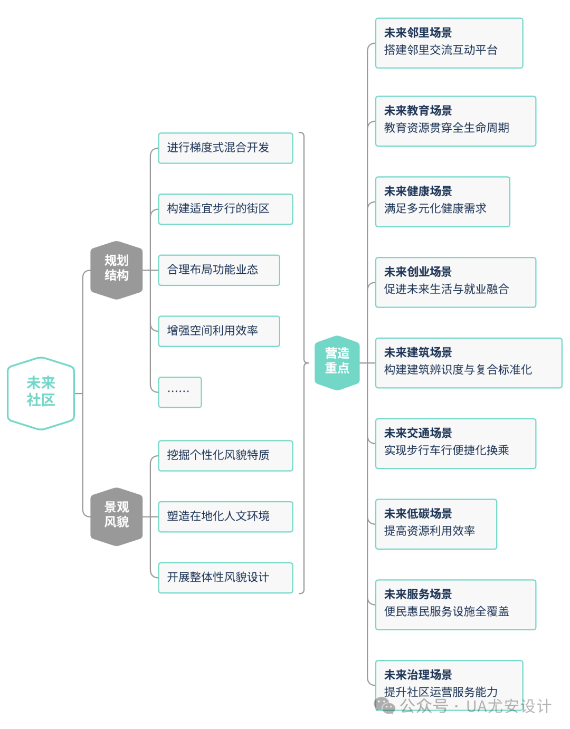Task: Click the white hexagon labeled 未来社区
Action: (41, 393)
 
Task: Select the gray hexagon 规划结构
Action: (117, 270)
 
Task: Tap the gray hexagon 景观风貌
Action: (117, 516)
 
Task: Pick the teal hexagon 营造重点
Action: (337, 363)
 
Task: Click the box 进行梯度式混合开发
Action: (225, 148)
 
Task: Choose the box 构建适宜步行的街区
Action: (225, 209)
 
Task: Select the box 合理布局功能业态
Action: (219, 270)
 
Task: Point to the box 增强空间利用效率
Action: (219, 331)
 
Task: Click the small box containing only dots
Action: (180, 392)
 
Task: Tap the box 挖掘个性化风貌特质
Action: (225, 456)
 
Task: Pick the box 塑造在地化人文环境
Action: (225, 516)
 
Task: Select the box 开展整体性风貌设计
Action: (225, 578)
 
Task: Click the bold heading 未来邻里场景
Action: (418, 33)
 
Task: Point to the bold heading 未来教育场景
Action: (418, 110)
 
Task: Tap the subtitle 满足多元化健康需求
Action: (435, 208)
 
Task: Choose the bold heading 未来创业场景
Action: (418, 272)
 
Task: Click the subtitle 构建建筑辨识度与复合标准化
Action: (458, 369)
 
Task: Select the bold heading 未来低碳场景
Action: (418, 513)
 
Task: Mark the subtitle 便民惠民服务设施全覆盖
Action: (446, 611)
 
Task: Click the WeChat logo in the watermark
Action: (384, 705)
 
